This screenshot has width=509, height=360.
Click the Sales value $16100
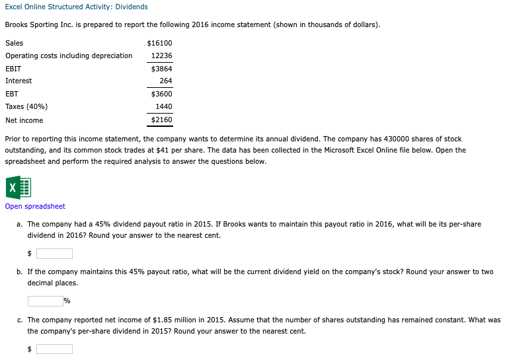point(161,43)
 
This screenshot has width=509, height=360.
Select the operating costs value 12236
point(162,55)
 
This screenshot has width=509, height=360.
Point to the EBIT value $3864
point(162,68)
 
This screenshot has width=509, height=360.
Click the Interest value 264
point(166,81)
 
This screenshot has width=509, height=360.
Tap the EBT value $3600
point(162,94)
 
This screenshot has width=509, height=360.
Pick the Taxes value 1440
point(164,106)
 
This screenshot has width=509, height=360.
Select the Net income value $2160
point(162,120)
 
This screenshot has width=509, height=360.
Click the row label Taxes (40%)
point(26,106)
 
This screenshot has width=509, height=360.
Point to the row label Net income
point(24,120)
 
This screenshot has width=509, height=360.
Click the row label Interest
point(19,81)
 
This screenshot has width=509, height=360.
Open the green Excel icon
point(18,188)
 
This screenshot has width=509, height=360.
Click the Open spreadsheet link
point(35,206)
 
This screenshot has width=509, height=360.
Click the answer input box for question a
point(54,254)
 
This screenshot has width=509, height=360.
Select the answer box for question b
point(44,301)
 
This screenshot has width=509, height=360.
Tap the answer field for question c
point(54,349)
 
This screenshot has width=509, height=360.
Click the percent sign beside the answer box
point(67,301)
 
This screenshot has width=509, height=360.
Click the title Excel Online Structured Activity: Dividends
point(76,7)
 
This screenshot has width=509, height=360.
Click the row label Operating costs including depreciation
point(69,55)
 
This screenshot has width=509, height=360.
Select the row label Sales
point(14,43)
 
